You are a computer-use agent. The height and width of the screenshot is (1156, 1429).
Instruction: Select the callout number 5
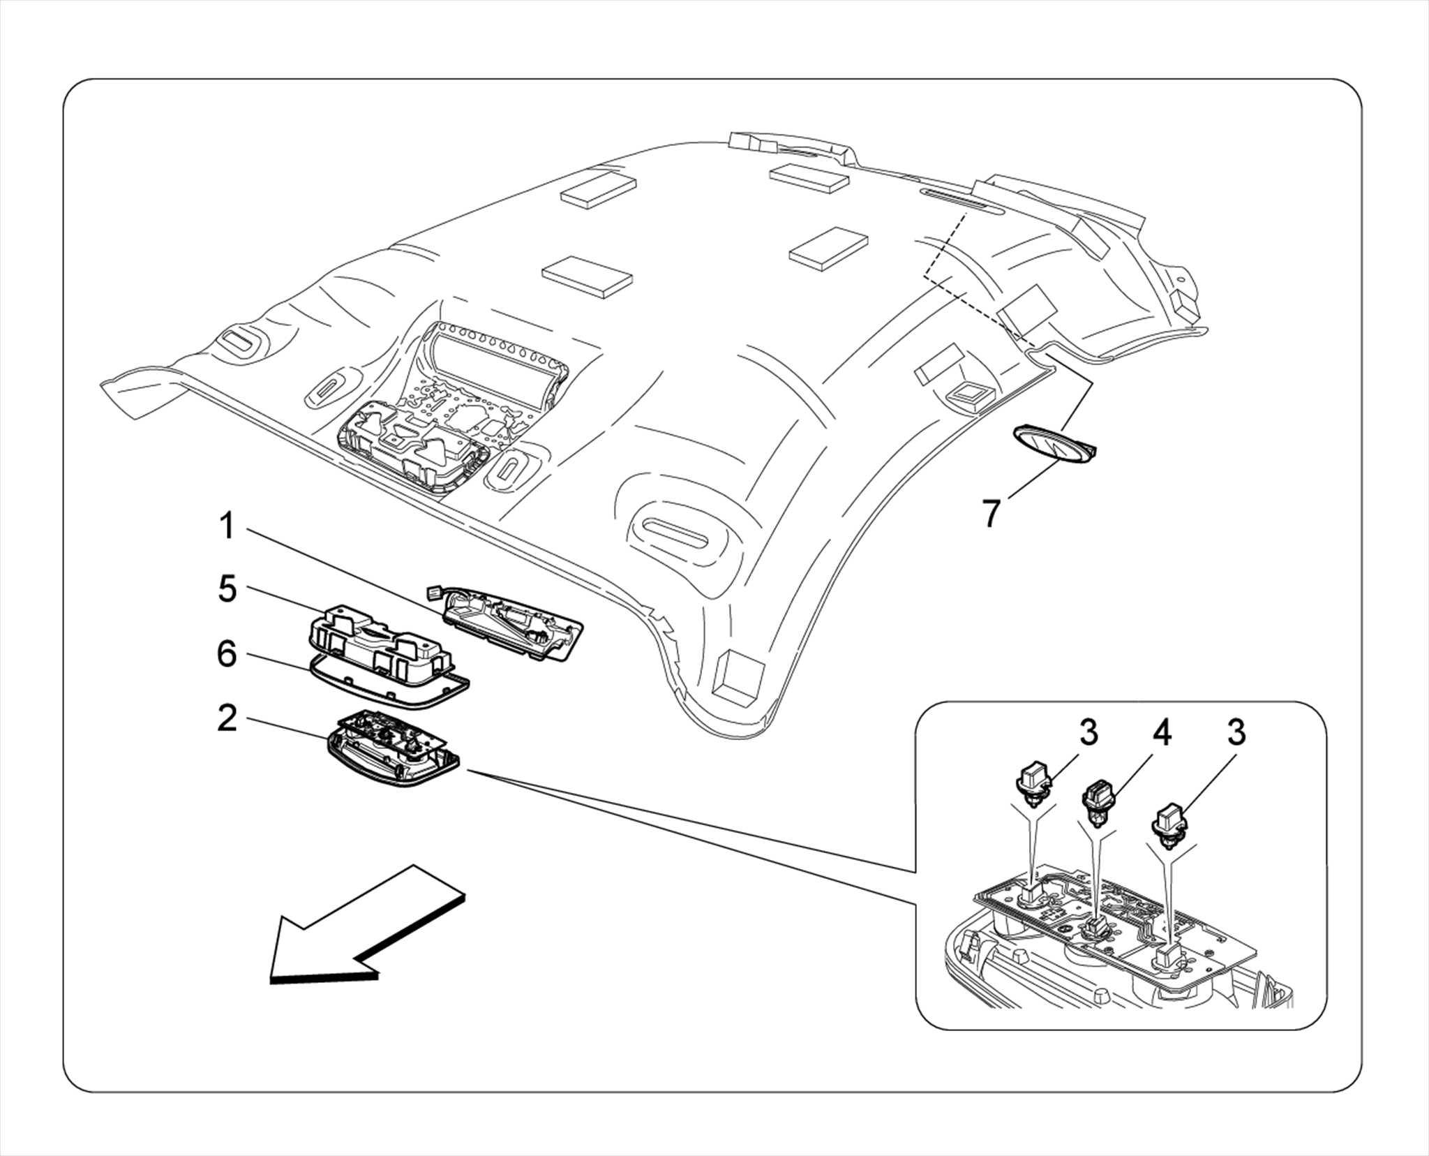click(x=227, y=589)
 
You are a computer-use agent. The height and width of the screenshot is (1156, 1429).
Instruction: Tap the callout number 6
click(x=227, y=655)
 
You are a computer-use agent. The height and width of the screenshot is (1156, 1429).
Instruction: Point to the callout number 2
click(x=227, y=719)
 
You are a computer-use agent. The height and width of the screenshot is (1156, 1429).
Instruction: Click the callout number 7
click(x=992, y=513)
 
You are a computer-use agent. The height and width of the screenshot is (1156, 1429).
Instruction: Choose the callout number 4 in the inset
click(x=1162, y=733)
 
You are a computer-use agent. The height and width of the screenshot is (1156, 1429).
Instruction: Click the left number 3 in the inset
click(x=1088, y=733)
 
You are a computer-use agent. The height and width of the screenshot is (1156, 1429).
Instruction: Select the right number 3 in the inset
click(x=1236, y=733)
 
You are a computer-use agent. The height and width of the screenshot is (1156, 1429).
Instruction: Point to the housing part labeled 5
click(x=377, y=639)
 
